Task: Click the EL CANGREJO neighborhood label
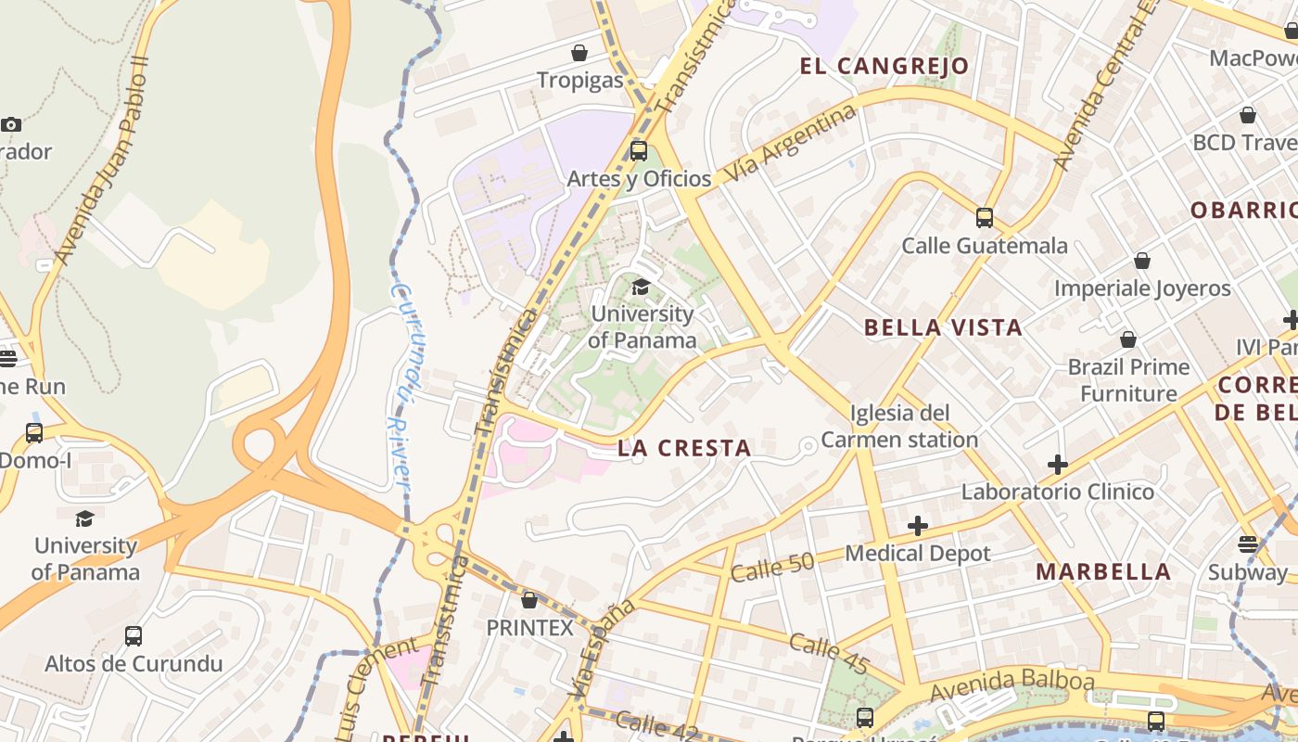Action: click(884, 66)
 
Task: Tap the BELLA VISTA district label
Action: click(943, 327)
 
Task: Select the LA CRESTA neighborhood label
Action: click(684, 448)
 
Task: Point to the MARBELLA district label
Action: click(1103, 571)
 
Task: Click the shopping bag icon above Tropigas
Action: click(579, 53)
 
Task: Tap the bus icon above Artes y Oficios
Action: click(638, 150)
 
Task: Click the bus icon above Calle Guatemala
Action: click(985, 218)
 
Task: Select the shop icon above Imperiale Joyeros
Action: click(1142, 261)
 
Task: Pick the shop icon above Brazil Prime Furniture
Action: click(1128, 339)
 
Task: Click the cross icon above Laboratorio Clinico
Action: click(1057, 464)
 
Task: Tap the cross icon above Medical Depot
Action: click(918, 526)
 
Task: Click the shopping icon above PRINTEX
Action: click(529, 600)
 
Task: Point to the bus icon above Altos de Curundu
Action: click(134, 635)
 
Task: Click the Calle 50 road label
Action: click(772, 568)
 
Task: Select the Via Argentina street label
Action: click(790, 145)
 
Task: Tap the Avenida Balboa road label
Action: click(1012, 685)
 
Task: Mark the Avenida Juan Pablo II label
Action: click(102, 158)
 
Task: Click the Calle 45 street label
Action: click(829, 652)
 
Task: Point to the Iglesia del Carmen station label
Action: click(899, 426)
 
